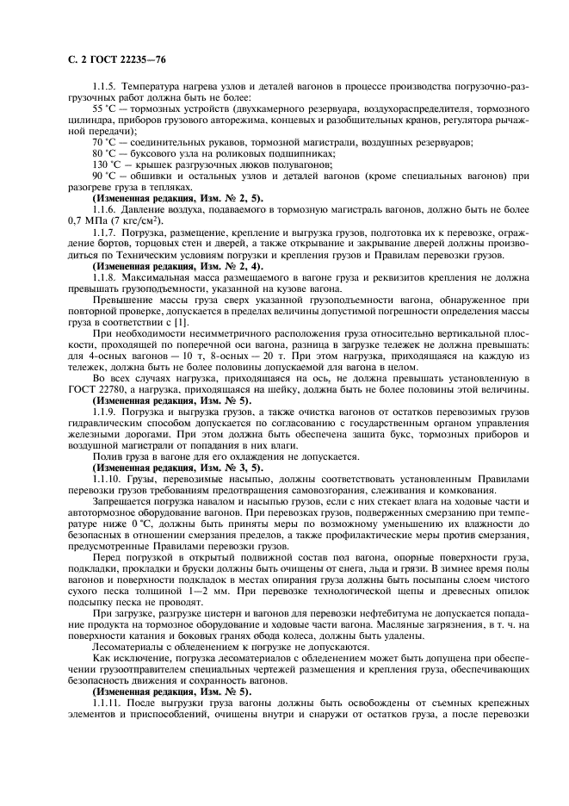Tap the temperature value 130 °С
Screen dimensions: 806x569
tap(108, 164)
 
